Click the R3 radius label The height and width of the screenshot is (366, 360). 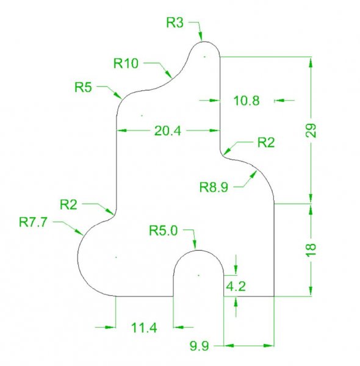click(x=175, y=23)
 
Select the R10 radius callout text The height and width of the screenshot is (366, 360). click(x=126, y=63)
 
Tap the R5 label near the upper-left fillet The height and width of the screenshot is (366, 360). click(x=83, y=87)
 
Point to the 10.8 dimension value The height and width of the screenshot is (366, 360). click(x=247, y=101)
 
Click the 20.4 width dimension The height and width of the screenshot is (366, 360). click(x=168, y=131)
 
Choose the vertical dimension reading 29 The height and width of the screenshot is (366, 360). click(x=311, y=131)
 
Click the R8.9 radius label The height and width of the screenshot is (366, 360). click(x=214, y=187)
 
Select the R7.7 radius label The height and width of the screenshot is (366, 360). click(x=33, y=222)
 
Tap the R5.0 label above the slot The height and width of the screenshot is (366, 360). click(x=163, y=231)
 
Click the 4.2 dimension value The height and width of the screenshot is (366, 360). click(x=236, y=286)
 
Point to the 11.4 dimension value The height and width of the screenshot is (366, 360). click(x=144, y=328)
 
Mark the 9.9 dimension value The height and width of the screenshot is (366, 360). click(x=199, y=346)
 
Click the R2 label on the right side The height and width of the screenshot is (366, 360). click(x=266, y=142)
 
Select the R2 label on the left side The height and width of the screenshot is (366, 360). click(x=68, y=204)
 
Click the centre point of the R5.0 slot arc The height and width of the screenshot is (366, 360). click(x=199, y=276)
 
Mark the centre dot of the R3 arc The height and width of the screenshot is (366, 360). click(x=205, y=57)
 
